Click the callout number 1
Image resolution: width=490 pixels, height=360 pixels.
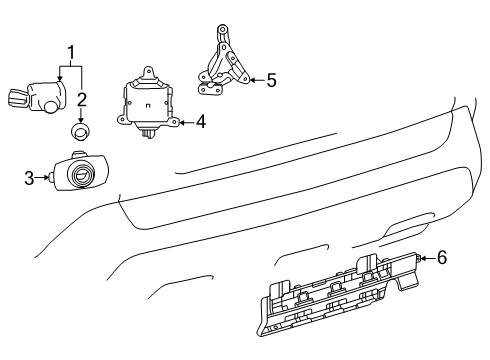click(70, 50)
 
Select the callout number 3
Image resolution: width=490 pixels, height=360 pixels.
click(30, 179)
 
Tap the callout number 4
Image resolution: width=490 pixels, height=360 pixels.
click(201, 124)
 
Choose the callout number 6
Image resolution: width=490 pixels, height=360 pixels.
click(441, 258)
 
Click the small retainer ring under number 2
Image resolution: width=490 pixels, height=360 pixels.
click(81, 130)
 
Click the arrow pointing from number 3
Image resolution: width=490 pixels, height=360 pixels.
click(44, 179)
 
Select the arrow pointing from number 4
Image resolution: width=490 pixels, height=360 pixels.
click(185, 124)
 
